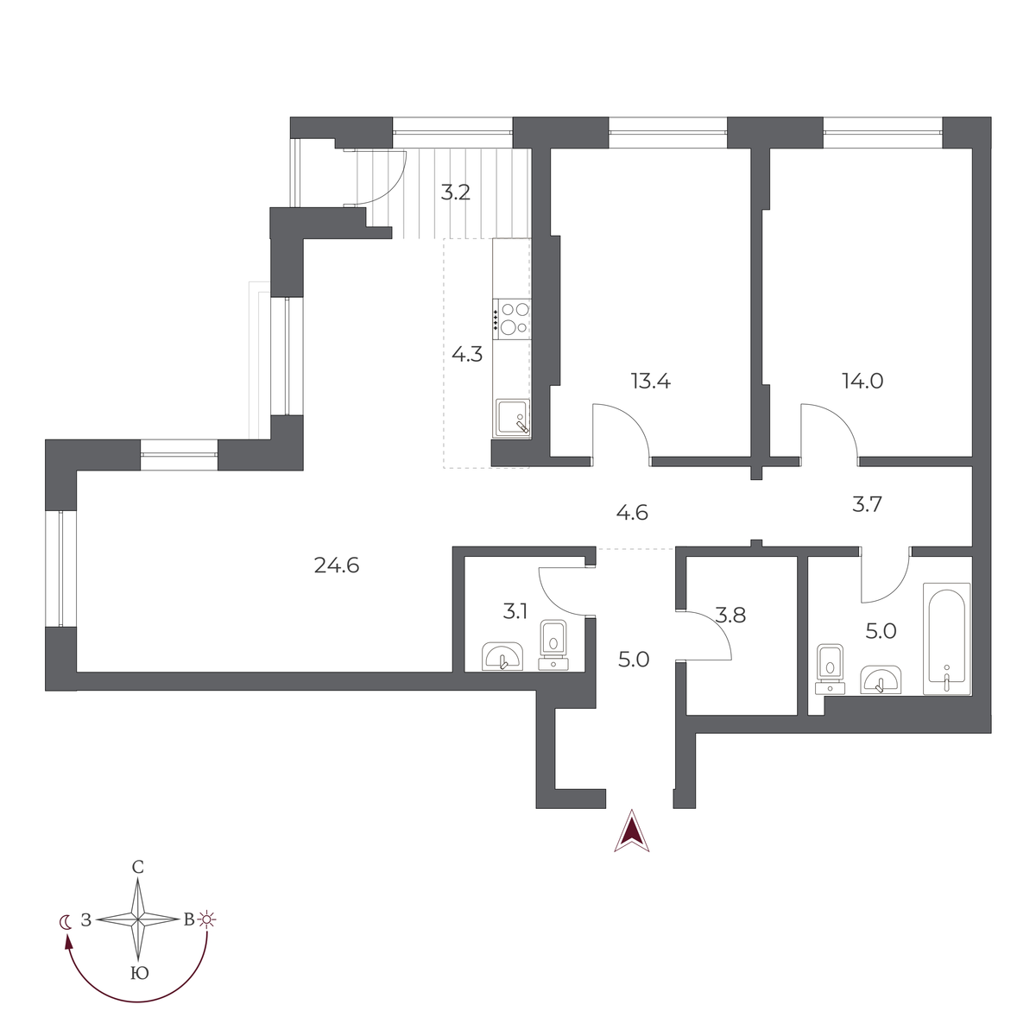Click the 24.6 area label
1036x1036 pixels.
[336, 565]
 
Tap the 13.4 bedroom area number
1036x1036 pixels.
[651, 382]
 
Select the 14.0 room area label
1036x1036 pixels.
[862, 382]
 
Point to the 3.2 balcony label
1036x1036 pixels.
[455, 192]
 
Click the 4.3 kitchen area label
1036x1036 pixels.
[467, 354]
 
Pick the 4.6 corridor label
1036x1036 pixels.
[632, 513]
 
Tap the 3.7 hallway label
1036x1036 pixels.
[867, 504]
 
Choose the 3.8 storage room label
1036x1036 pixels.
[730, 615]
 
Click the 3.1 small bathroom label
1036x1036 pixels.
[515, 611]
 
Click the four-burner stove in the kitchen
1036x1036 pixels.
[514, 319]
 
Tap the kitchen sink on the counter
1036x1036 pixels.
[512, 417]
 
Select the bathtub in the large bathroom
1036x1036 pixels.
[947, 638]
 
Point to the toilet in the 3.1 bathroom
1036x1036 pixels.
[553, 645]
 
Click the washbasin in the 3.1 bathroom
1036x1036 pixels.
[502, 656]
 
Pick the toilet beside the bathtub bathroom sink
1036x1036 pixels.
[830, 669]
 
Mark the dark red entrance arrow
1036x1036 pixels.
[632, 831]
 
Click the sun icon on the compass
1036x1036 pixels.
[206, 919]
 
